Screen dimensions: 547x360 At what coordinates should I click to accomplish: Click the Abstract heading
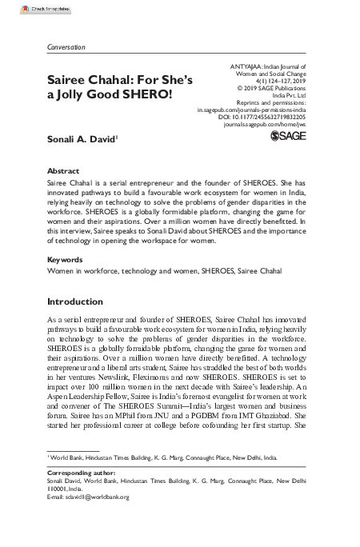coord(64,171)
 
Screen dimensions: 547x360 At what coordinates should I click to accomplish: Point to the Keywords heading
coord(66,260)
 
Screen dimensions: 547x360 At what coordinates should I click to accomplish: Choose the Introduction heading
coord(82,301)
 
